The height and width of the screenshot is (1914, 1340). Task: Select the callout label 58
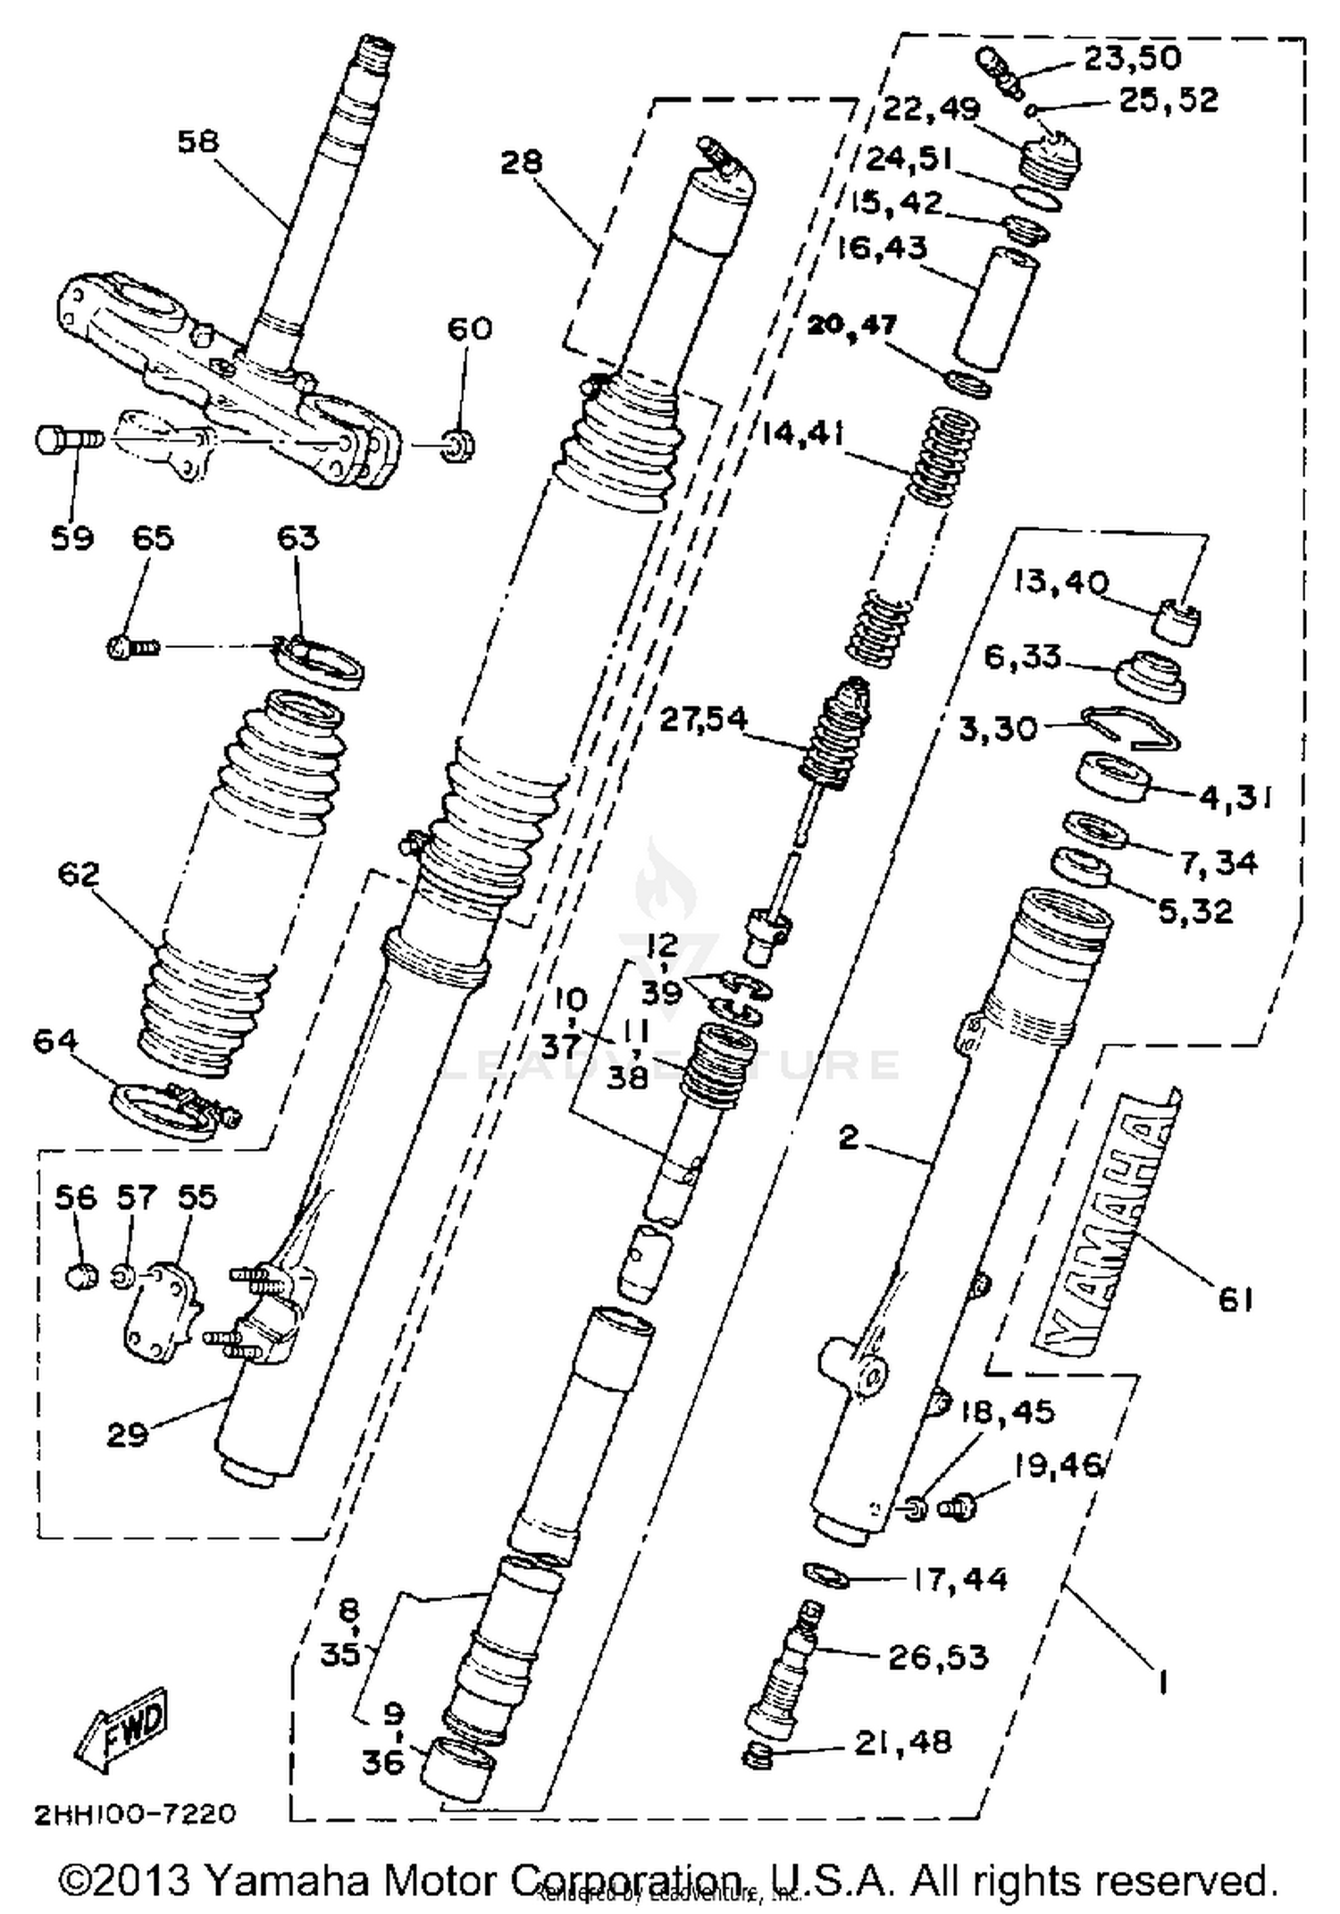click(x=197, y=141)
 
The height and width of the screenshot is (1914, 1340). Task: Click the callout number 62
click(x=78, y=873)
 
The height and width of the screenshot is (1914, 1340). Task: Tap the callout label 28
click(x=520, y=162)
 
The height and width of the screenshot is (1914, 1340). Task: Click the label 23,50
click(x=1132, y=58)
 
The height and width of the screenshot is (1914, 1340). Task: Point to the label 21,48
click(x=902, y=1742)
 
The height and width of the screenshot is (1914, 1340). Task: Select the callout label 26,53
click(x=937, y=1657)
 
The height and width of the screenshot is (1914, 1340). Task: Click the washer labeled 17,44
click(x=826, y=1575)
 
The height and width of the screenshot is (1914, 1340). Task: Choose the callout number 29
click(x=127, y=1434)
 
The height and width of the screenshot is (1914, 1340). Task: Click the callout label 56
click(x=75, y=1197)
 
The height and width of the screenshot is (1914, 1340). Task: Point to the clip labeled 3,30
click(x=1129, y=727)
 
